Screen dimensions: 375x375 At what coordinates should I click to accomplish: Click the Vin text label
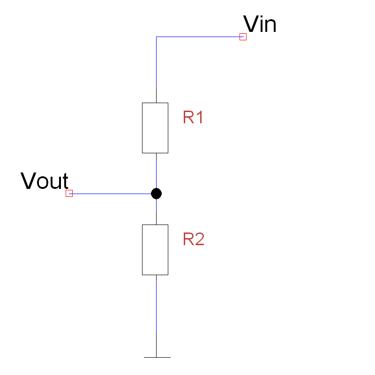point(260,24)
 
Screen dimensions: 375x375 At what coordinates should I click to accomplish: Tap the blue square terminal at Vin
point(243,37)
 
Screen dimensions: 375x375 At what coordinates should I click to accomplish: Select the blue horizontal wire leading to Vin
point(197,37)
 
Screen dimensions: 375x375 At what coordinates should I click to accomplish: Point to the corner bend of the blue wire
point(156,37)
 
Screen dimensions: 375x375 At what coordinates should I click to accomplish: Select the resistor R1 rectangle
point(155,128)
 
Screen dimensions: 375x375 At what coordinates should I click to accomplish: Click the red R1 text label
point(193,117)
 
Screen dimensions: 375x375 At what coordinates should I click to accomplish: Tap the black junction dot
point(156,193)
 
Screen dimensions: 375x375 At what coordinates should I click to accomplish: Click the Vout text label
point(45,181)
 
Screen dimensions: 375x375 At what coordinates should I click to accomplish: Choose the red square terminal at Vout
point(69,193)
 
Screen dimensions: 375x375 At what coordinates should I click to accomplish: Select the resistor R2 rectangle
point(155,249)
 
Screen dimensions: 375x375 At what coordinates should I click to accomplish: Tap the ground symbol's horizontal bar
point(157,357)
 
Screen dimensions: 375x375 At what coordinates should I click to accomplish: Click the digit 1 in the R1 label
point(199,117)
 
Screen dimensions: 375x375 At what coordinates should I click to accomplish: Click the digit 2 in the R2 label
point(199,240)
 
